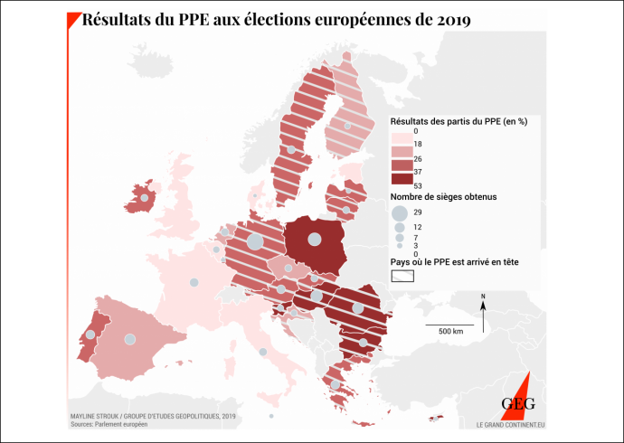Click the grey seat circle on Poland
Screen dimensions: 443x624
[314, 240]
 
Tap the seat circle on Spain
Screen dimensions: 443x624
[130, 339]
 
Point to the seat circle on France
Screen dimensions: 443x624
[194, 282]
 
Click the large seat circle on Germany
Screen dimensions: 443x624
[255, 241]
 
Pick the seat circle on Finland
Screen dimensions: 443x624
[348, 126]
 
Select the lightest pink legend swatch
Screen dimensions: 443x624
[401, 136]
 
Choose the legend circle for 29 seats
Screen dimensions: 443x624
[399, 213]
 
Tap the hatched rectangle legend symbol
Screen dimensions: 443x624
[402, 276]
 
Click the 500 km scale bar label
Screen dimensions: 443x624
[450, 332]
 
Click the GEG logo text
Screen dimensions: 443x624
[518, 404]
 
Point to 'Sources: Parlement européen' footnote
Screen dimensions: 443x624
[108, 423]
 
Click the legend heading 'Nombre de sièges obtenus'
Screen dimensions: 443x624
[443, 196]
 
